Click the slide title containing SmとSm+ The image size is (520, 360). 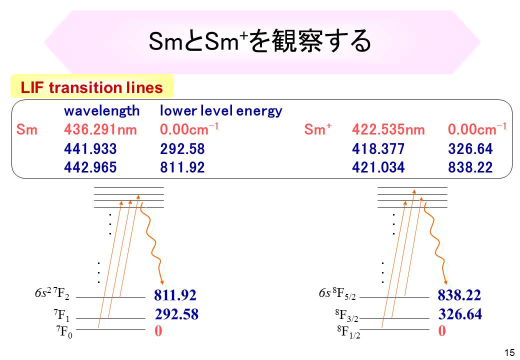click(x=260, y=41)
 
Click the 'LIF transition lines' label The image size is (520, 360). click(x=92, y=88)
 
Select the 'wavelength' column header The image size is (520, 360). click(x=101, y=110)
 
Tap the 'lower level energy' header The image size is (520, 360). click(x=221, y=110)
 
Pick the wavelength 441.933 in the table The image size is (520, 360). click(x=90, y=149)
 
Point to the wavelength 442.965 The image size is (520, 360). click(x=90, y=167)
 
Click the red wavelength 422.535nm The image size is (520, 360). click(x=388, y=130)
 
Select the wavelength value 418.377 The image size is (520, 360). click(x=378, y=149)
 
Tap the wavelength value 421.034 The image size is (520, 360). click(x=378, y=167)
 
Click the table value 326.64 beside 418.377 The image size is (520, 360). click(x=470, y=149)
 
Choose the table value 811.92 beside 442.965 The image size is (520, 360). click(x=182, y=167)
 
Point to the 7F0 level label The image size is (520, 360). click(x=63, y=332)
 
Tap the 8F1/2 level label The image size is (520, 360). click(x=348, y=332)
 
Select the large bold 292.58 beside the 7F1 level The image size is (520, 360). click(x=176, y=314)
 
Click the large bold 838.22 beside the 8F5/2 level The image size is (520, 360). click(x=459, y=295)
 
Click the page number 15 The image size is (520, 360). click(x=509, y=352)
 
